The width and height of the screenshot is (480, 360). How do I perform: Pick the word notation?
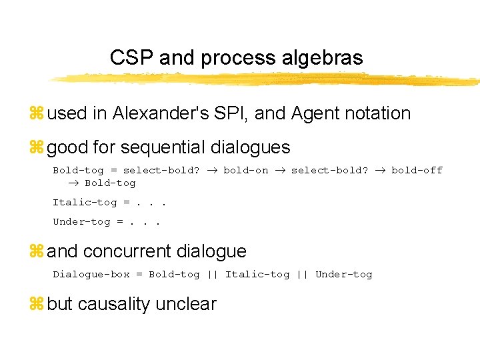377,113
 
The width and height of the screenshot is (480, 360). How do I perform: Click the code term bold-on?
246,170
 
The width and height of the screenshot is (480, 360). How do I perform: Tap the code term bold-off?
417,170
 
